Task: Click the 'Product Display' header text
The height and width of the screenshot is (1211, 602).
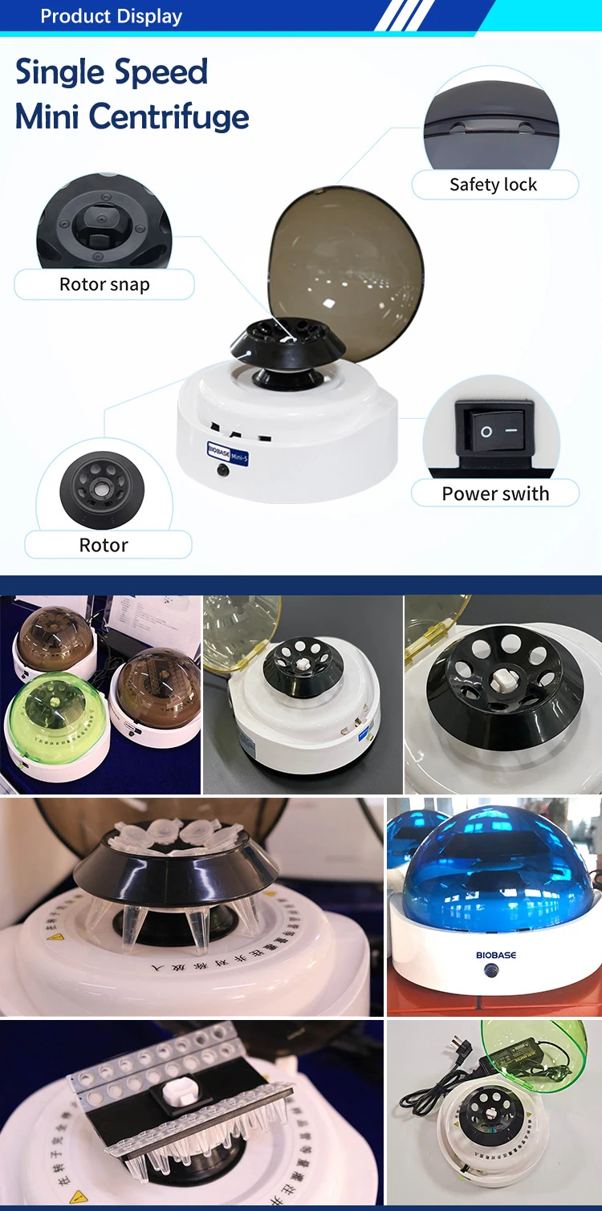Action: pos(111,16)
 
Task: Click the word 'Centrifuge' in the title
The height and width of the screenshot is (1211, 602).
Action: pos(169,117)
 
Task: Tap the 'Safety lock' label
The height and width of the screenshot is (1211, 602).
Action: pos(493,185)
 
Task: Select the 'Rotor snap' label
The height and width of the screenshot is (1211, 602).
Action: pos(104,284)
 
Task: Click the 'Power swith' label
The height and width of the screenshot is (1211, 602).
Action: pos(495,494)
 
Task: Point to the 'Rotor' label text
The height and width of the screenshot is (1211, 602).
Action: pos(104,545)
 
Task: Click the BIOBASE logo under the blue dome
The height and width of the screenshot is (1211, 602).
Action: pos(496,955)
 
